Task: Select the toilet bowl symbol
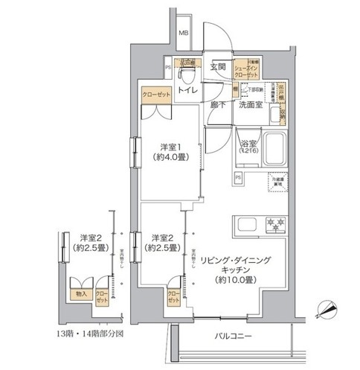[189, 77]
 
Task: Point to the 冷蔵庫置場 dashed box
[277, 182]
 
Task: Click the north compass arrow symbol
[327, 307]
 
